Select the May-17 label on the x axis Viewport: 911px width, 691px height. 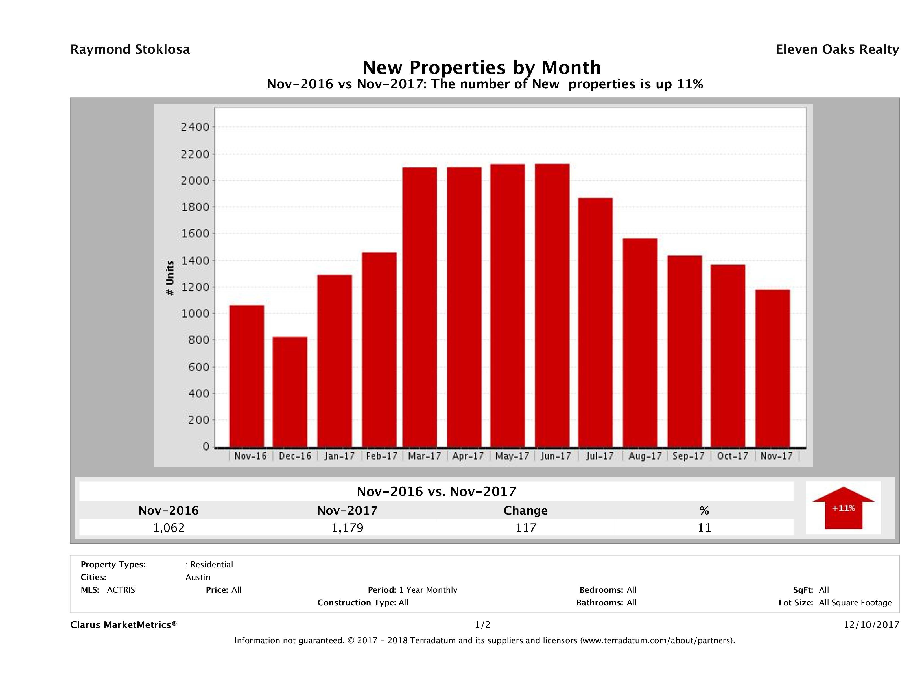pyautogui.click(x=512, y=456)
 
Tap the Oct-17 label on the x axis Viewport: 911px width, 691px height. pyautogui.click(x=732, y=456)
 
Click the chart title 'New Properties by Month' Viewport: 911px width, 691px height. pyautogui.click(x=481, y=67)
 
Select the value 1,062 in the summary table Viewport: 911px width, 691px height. pyautogui.click(x=169, y=528)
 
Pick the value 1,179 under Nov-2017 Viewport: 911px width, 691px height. pyautogui.click(x=347, y=528)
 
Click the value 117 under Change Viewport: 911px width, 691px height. pyautogui.click(x=526, y=528)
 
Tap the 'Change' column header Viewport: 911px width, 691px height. pyautogui.click(x=526, y=511)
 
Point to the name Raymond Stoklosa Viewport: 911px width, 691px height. pyautogui.click(x=130, y=49)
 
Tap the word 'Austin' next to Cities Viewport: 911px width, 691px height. pyautogui.click(x=198, y=577)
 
